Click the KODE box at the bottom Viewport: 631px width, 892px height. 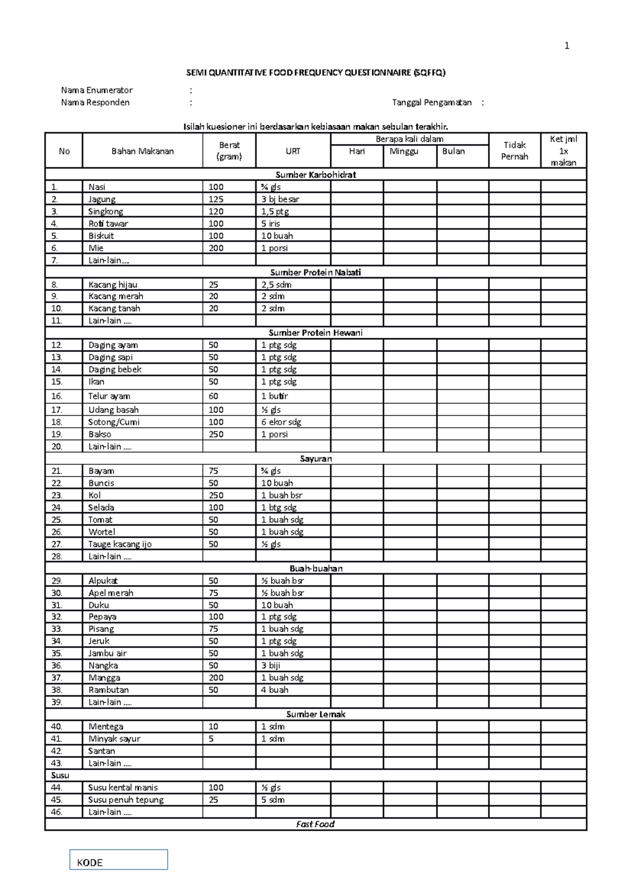click(118, 860)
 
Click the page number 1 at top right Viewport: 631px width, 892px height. click(567, 46)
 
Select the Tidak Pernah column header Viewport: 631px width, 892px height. click(514, 151)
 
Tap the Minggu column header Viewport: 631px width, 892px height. click(404, 151)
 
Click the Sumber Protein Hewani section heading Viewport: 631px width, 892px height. click(315, 333)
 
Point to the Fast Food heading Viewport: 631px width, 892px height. click(315, 824)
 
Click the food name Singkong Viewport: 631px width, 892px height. click(106, 211)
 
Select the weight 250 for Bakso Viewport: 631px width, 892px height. click(216, 434)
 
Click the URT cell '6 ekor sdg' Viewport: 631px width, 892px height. click(281, 422)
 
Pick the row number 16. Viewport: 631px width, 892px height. click(57, 396)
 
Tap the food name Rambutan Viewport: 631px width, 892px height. click(108, 690)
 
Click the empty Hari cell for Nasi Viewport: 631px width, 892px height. click(357, 187)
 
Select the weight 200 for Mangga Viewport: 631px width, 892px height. click(216, 678)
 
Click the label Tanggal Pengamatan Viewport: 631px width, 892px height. click(432, 102)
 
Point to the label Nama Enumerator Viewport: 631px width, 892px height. click(97, 90)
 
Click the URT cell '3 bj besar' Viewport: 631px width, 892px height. click(280, 199)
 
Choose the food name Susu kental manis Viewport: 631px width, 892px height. click(123, 787)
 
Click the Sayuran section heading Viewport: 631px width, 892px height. click(315, 459)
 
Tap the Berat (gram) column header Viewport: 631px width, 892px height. click(229, 151)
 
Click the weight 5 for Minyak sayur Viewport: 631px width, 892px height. click(211, 739)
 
